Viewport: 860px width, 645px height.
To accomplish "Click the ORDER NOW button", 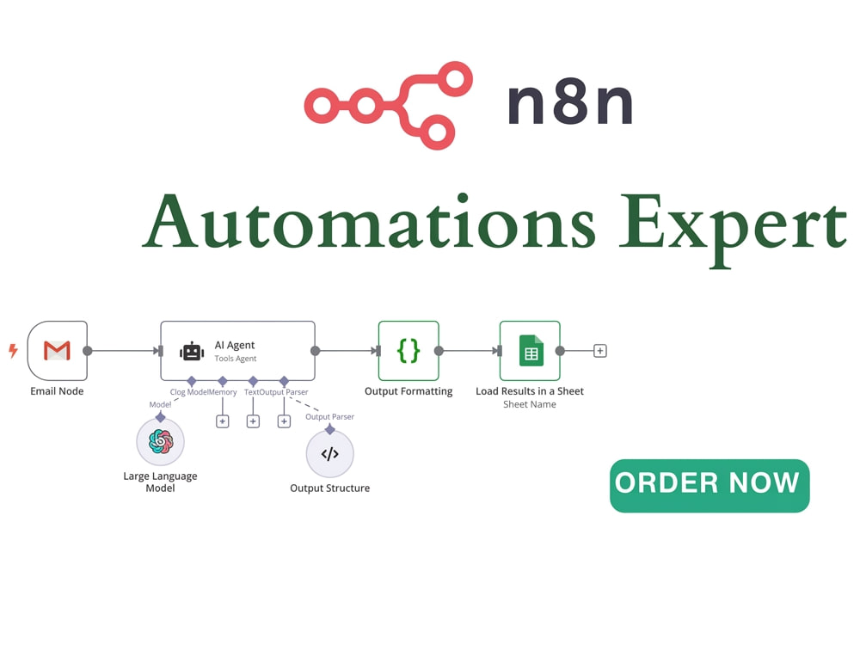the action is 709,485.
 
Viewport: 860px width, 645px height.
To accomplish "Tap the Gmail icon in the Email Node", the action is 57,351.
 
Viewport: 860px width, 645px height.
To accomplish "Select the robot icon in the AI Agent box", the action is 192,351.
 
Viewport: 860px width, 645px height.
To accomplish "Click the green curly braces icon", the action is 408,351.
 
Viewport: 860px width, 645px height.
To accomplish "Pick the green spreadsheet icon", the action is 531,351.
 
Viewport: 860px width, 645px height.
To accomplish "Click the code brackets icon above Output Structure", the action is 329,453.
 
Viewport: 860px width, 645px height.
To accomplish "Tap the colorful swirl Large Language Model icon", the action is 161,441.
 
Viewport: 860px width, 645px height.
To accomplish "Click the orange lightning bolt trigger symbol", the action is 13,351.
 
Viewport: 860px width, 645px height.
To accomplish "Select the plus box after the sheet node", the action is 600,351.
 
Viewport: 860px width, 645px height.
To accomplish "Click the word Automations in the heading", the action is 369,221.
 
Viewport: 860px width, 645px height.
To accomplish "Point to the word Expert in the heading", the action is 734,229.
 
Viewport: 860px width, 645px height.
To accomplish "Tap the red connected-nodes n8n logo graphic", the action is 389,105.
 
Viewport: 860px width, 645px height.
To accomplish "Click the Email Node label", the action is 57,391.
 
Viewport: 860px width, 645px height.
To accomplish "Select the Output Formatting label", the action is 408,391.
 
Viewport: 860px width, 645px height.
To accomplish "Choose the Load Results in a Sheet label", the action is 530,391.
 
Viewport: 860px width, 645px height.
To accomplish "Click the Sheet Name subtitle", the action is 530,404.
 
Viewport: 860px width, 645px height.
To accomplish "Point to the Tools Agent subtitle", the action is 236,359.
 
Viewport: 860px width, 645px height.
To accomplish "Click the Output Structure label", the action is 329,488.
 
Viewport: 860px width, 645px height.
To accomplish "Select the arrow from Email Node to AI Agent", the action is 123,351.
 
